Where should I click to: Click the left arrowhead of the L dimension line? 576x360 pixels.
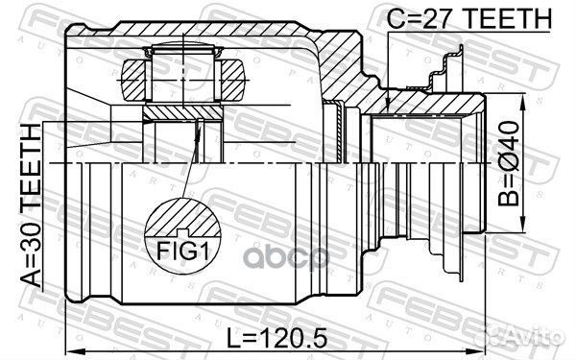[69, 338]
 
